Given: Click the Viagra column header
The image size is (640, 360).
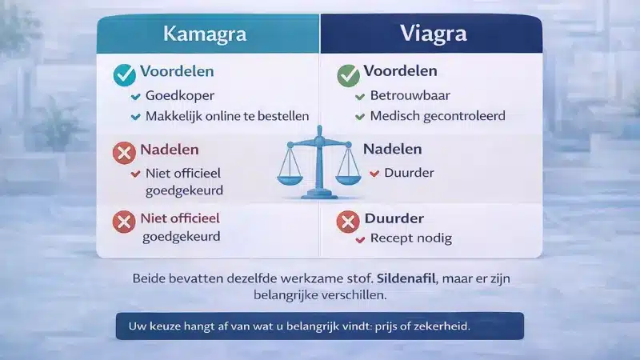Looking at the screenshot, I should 432,34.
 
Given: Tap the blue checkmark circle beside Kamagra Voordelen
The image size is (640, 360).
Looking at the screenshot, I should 124,74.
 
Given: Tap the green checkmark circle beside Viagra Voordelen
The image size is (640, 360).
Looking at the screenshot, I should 348,74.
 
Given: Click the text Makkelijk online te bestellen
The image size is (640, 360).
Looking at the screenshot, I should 227,117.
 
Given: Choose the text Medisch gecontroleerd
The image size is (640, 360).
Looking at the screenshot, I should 437,117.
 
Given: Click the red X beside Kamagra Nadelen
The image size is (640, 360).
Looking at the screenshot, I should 124,152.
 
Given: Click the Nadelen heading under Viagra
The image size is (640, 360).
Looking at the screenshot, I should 392,150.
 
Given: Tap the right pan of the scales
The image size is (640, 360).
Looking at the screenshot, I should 348,173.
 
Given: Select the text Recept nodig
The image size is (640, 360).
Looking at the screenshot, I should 410,238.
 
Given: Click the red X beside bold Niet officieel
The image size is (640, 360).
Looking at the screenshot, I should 124,221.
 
